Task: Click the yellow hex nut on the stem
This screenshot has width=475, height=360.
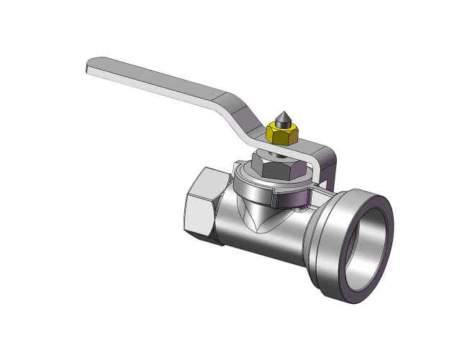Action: (281, 135)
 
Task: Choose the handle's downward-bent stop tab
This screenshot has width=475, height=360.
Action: (329, 166)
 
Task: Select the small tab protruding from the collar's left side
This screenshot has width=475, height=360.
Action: (237, 167)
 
